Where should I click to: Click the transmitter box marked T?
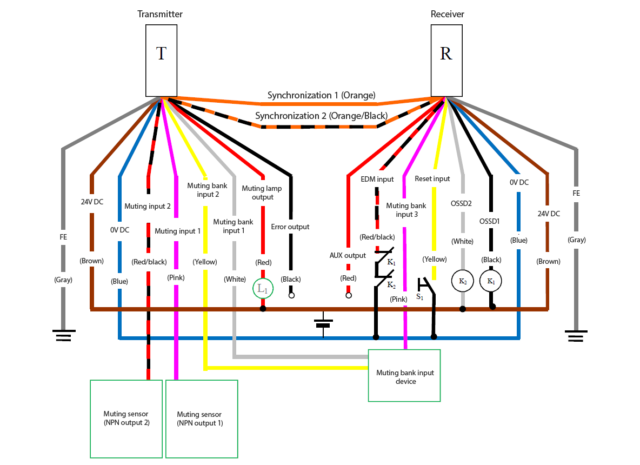pyautogui.click(x=161, y=61)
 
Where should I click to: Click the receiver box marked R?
pyautogui.click(x=446, y=61)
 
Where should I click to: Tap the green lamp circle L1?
pyautogui.click(x=263, y=289)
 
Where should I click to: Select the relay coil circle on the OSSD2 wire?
pyautogui.click(x=463, y=281)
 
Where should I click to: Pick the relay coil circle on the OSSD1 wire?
pyautogui.click(x=491, y=281)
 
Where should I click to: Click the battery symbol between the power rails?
pyautogui.click(x=323, y=324)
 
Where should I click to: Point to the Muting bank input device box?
pyautogui.click(x=404, y=376)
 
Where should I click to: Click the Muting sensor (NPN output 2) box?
pyautogui.click(x=126, y=419)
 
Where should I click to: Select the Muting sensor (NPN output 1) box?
pyautogui.click(x=202, y=419)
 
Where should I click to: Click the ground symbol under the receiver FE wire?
pyautogui.click(x=576, y=336)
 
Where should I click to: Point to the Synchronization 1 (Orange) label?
pyautogui.click(x=321, y=95)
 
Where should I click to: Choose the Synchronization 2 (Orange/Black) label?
pyautogui.click(x=321, y=116)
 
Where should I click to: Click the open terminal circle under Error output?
pyautogui.click(x=291, y=295)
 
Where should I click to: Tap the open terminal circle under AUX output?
pyautogui.click(x=349, y=295)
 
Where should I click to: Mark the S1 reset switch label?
pyautogui.click(x=419, y=297)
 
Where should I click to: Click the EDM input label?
pyautogui.click(x=377, y=179)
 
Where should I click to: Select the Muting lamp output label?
pyautogui.click(x=262, y=192)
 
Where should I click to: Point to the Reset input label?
pyautogui.click(x=432, y=179)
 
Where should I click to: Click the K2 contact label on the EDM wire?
pyautogui.click(x=391, y=285)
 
